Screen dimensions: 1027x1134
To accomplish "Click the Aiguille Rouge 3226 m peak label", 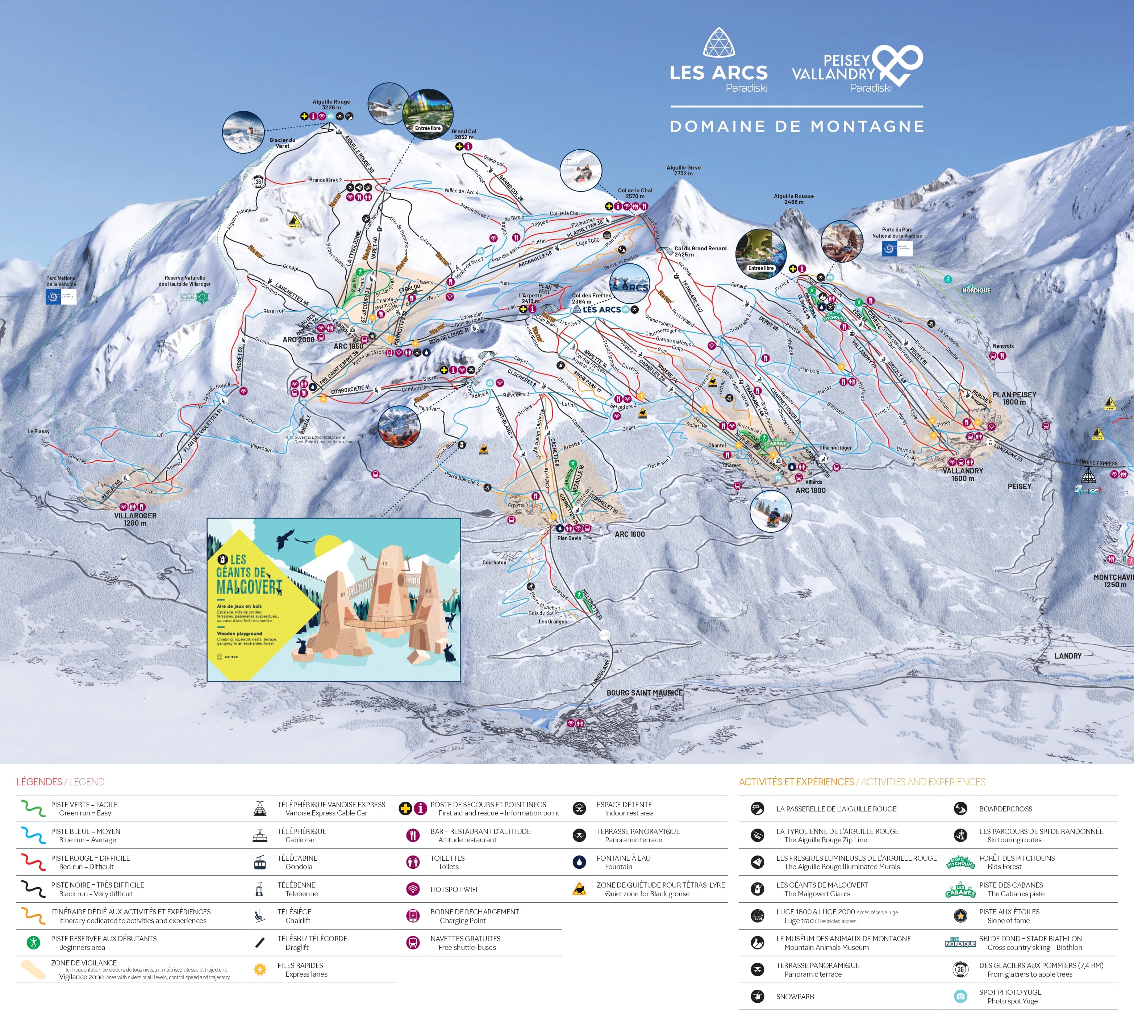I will pos(331,105).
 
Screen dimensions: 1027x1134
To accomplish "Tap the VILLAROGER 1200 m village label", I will pos(135,518).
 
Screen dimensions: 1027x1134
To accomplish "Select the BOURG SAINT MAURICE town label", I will pos(644,693).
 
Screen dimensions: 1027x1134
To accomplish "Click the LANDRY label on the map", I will pos(1068,656).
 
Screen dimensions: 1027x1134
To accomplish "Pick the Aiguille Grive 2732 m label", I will pos(683,170).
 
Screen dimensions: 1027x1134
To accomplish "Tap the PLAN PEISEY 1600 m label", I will pos(1014,398).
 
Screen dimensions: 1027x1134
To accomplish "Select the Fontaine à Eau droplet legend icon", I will pos(579,862).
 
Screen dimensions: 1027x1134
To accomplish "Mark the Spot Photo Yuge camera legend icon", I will pos(960,996).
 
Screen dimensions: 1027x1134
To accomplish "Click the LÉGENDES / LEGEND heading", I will pos(60,782).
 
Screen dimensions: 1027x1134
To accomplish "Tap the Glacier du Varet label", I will pos(282,143).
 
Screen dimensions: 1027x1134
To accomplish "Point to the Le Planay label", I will pos(38,431).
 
